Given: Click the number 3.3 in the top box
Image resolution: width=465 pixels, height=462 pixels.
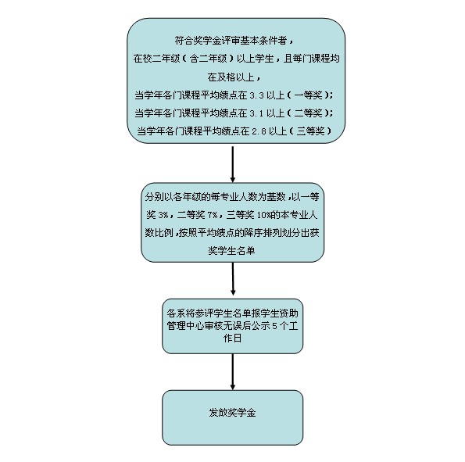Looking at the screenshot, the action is [x=256, y=95].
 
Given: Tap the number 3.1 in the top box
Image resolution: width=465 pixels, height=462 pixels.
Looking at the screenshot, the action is [x=256, y=113].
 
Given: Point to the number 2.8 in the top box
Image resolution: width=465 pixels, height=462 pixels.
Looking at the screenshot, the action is [x=259, y=131].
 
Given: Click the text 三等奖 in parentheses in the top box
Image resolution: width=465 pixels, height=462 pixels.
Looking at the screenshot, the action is [x=310, y=131].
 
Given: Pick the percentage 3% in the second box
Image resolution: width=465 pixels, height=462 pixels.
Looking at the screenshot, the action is [x=163, y=215].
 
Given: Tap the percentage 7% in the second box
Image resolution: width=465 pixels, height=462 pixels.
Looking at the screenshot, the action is [x=213, y=215].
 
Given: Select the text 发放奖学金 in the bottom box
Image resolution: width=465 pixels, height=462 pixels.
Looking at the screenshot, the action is [x=232, y=413].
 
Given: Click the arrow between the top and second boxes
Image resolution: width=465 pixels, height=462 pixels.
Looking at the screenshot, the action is [x=233, y=164].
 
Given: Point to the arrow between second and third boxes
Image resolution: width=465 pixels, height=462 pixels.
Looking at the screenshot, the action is [x=233, y=279].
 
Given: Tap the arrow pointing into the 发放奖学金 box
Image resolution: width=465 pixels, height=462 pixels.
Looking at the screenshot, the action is [x=233, y=372].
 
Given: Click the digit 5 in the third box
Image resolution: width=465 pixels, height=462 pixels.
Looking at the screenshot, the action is [x=274, y=326].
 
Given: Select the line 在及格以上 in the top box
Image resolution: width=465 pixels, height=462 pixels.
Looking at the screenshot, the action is [x=231, y=77].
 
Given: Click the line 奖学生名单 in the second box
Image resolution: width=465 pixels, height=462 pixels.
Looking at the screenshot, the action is [x=231, y=251].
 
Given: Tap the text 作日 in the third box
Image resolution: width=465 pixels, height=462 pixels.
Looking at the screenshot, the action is [x=232, y=338].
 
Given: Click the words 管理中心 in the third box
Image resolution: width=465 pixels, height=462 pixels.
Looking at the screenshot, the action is [x=185, y=326].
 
